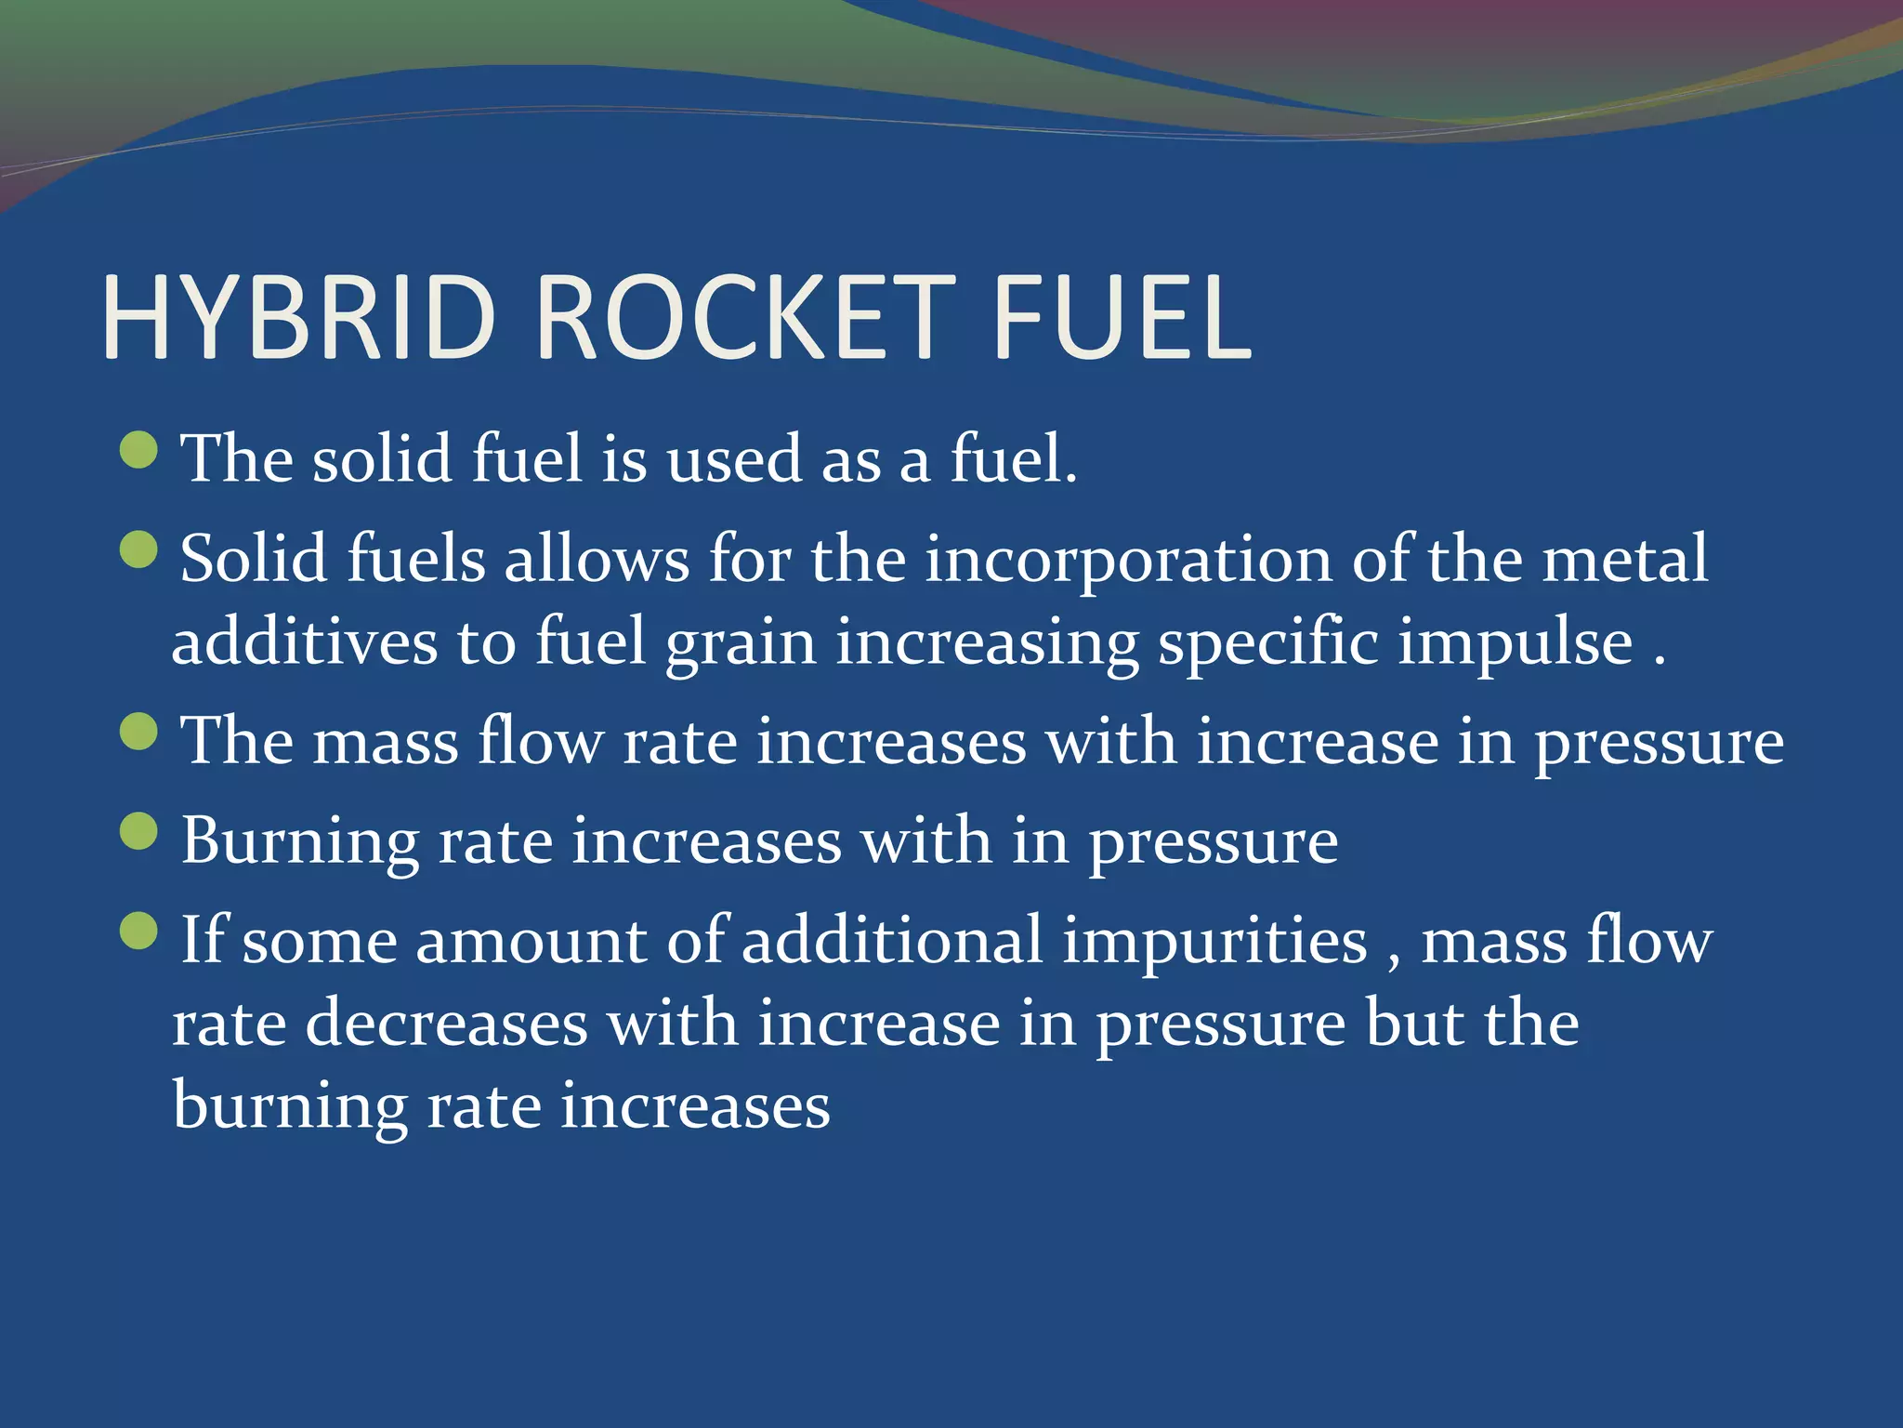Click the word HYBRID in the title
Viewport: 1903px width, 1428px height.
[298, 317]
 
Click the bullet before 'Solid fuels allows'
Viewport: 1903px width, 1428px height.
[139, 549]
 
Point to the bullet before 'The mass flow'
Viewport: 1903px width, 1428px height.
[139, 731]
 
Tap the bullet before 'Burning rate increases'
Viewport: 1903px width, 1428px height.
[139, 831]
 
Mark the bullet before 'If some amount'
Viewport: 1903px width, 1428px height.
[139, 931]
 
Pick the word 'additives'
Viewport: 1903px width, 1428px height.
[305, 642]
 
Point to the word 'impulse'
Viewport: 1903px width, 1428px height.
[1515, 644]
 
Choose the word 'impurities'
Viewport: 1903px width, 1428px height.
[1215, 942]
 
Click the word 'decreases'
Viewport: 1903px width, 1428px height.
[447, 1024]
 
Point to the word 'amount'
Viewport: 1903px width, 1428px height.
[531, 942]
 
